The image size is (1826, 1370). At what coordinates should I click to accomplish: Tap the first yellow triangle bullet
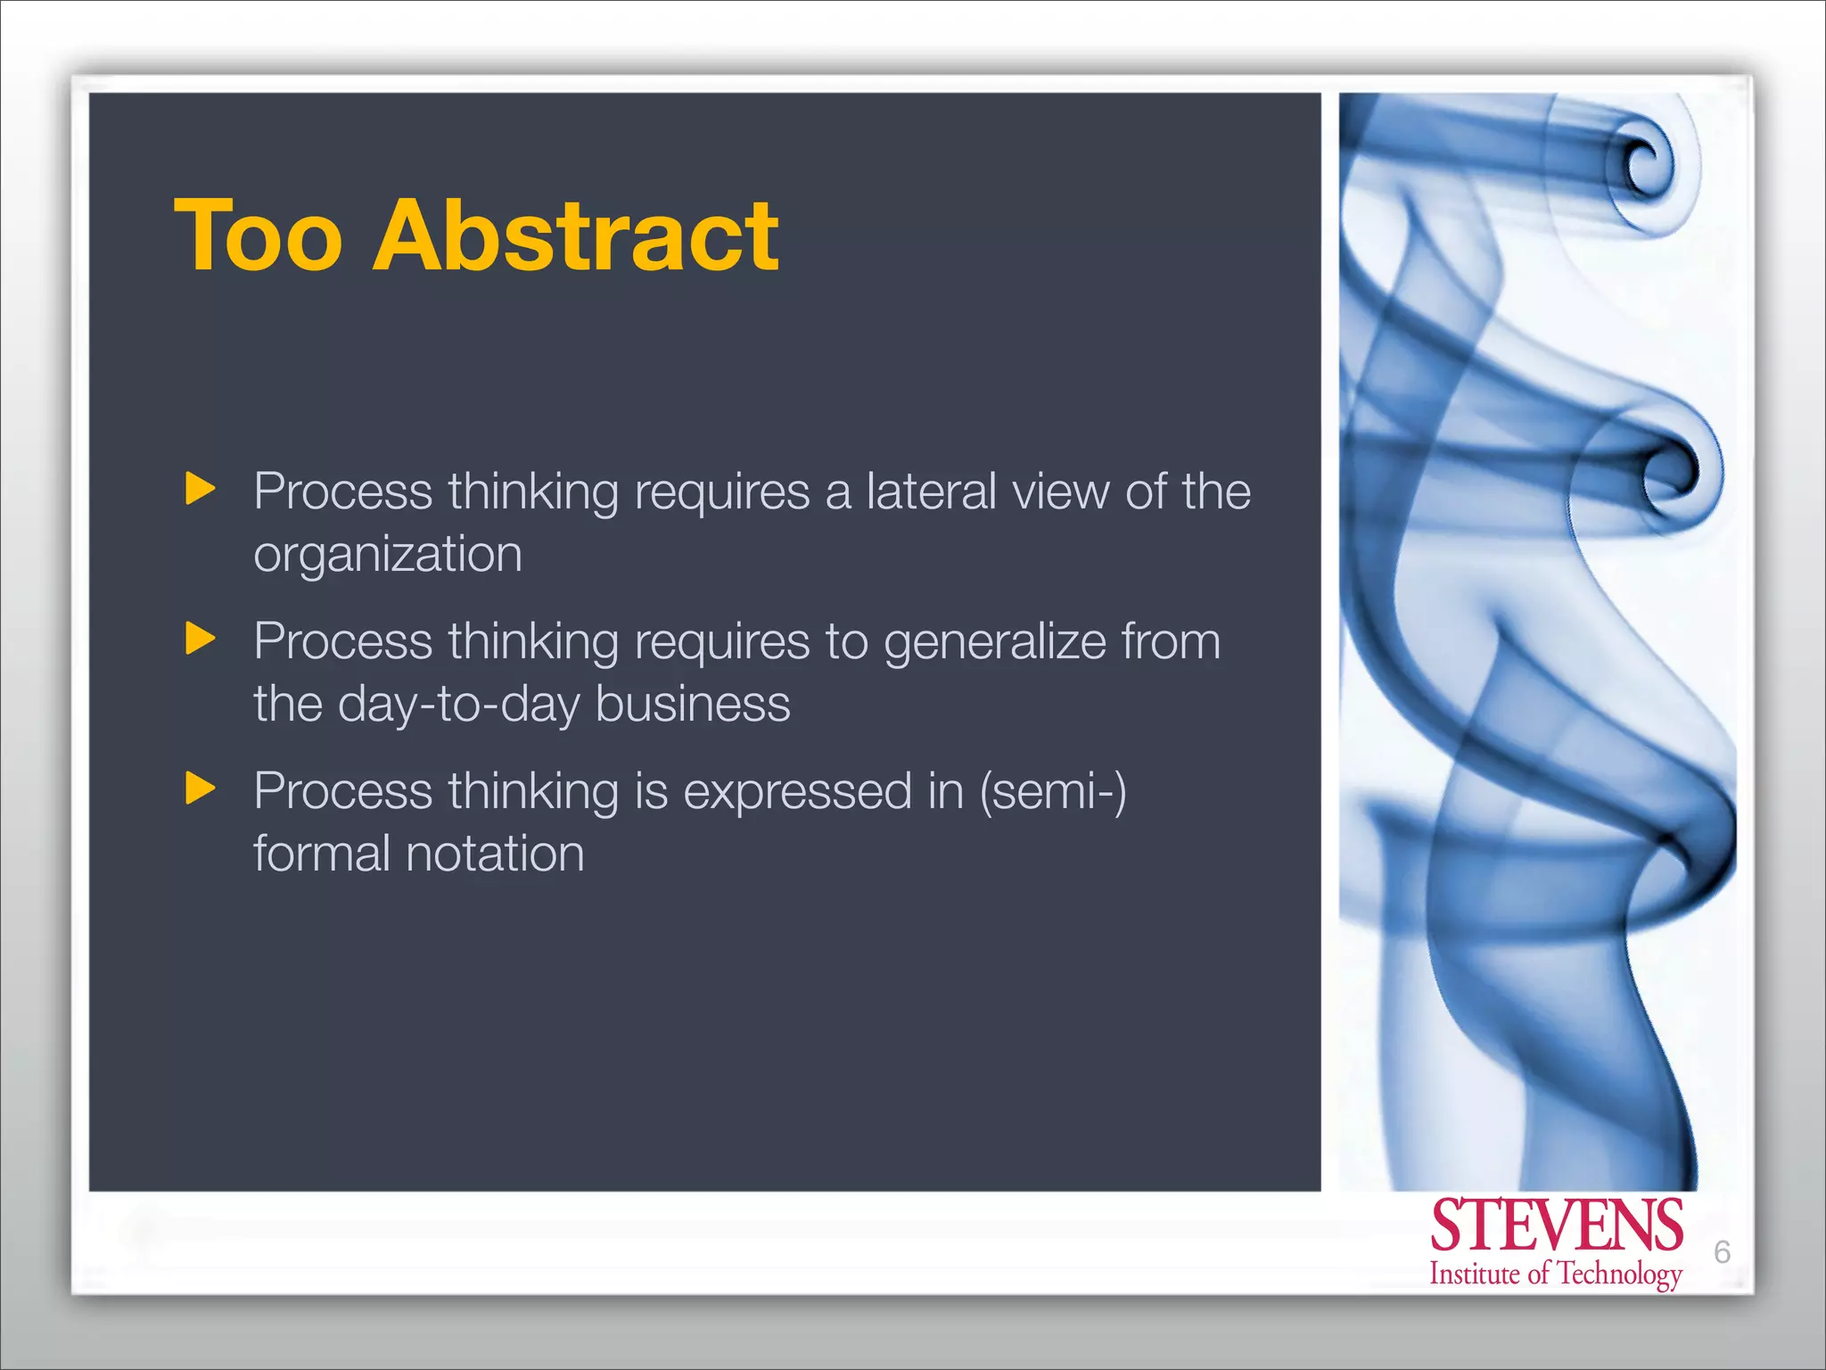[200, 489]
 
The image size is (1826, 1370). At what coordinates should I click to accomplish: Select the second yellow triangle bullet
[200, 639]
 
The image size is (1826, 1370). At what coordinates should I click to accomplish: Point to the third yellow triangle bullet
[200, 788]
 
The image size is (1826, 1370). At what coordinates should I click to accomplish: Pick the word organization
[388, 555]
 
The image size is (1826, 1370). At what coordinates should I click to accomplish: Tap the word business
[693, 704]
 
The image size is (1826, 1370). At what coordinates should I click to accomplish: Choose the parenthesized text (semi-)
[1053, 792]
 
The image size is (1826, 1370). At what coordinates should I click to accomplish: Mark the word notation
[495, 854]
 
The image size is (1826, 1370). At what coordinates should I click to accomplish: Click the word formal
[322, 854]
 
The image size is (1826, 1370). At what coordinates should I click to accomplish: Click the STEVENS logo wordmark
[1556, 1226]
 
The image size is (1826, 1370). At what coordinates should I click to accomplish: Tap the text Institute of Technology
[1556, 1274]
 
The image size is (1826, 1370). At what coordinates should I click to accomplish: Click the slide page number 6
[1722, 1252]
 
